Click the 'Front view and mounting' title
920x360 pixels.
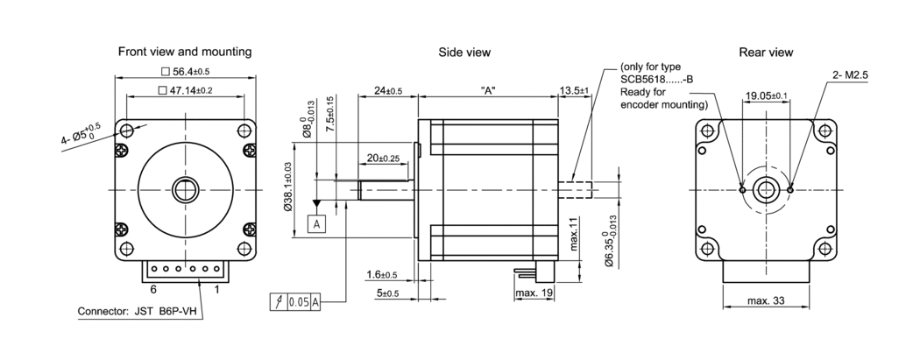coord(185,52)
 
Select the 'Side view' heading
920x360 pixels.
coord(464,53)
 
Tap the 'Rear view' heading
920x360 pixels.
coord(766,53)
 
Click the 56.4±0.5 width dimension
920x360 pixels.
coord(185,72)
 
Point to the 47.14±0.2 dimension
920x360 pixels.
coord(185,90)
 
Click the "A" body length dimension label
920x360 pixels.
coord(488,90)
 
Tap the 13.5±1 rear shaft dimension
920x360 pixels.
coord(575,90)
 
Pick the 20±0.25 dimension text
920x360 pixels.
coord(383,159)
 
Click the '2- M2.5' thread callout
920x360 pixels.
coord(853,75)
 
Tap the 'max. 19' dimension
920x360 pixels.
coord(534,292)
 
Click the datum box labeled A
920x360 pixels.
coord(316,224)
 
